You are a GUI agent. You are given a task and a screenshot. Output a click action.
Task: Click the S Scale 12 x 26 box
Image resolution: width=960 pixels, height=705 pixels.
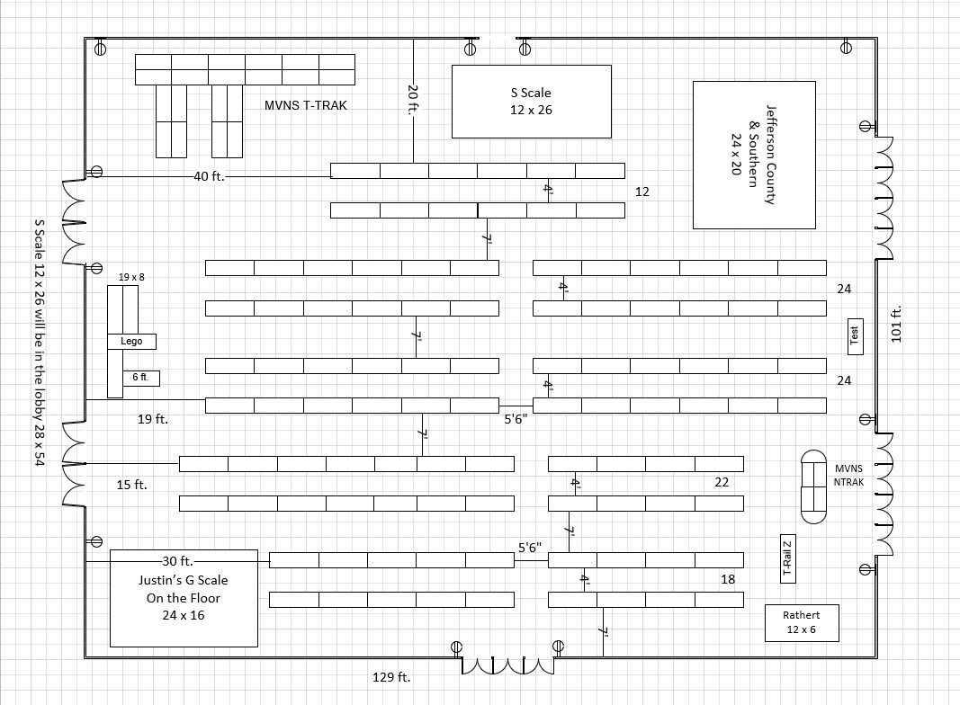point(531,101)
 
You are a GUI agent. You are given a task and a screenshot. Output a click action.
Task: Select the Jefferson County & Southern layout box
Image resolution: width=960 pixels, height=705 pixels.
point(755,155)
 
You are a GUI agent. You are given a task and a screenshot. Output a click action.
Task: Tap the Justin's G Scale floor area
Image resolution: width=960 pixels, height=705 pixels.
point(184,598)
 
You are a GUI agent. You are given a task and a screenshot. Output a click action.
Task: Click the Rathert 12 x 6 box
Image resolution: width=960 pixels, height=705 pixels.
point(801,623)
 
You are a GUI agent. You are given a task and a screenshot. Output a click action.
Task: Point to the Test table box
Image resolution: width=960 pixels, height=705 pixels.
point(856,335)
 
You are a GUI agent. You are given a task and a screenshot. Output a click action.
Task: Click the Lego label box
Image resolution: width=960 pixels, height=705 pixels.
point(131,342)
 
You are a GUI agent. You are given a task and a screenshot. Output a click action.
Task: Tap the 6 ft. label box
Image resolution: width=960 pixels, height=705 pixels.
point(141,378)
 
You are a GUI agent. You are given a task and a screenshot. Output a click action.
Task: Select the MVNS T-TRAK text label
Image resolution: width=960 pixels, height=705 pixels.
point(306,105)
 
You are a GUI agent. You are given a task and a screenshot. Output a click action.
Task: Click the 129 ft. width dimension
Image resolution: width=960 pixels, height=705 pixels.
point(391,676)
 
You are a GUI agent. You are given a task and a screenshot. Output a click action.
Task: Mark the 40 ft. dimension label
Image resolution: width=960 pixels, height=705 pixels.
point(209,176)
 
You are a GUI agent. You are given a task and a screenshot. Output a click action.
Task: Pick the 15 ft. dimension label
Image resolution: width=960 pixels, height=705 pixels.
point(131,485)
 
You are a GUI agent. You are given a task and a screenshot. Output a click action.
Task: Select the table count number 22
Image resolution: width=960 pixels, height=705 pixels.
point(722,482)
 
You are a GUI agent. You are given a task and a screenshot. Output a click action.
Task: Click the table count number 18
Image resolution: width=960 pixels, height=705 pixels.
point(728,579)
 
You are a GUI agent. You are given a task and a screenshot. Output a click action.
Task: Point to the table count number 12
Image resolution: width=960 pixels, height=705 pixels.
point(641,192)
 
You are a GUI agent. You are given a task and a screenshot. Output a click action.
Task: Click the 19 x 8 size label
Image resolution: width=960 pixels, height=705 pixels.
point(131,277)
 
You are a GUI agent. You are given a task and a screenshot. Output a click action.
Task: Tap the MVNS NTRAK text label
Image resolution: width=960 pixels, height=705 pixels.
point(848,476)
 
